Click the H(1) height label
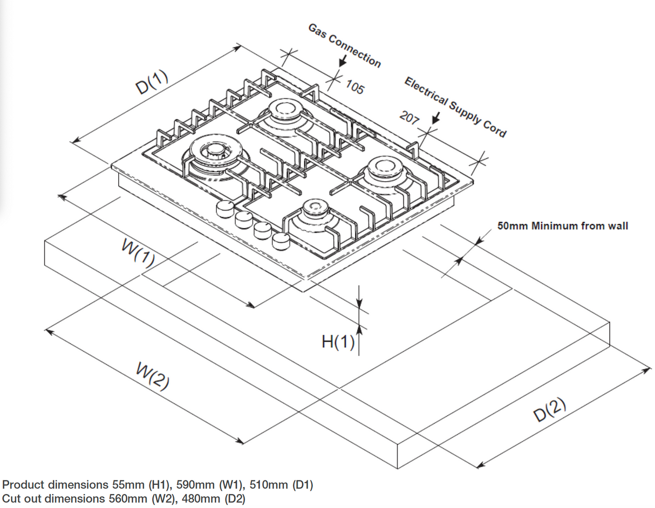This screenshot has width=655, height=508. [338, 341]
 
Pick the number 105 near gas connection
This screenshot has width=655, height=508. [353, 87]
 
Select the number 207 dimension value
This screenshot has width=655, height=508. [409, 118]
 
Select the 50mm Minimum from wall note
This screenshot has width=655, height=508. [562, 226]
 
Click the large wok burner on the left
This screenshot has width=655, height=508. [211, 153]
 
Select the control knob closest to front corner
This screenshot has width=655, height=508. [281, 241]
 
